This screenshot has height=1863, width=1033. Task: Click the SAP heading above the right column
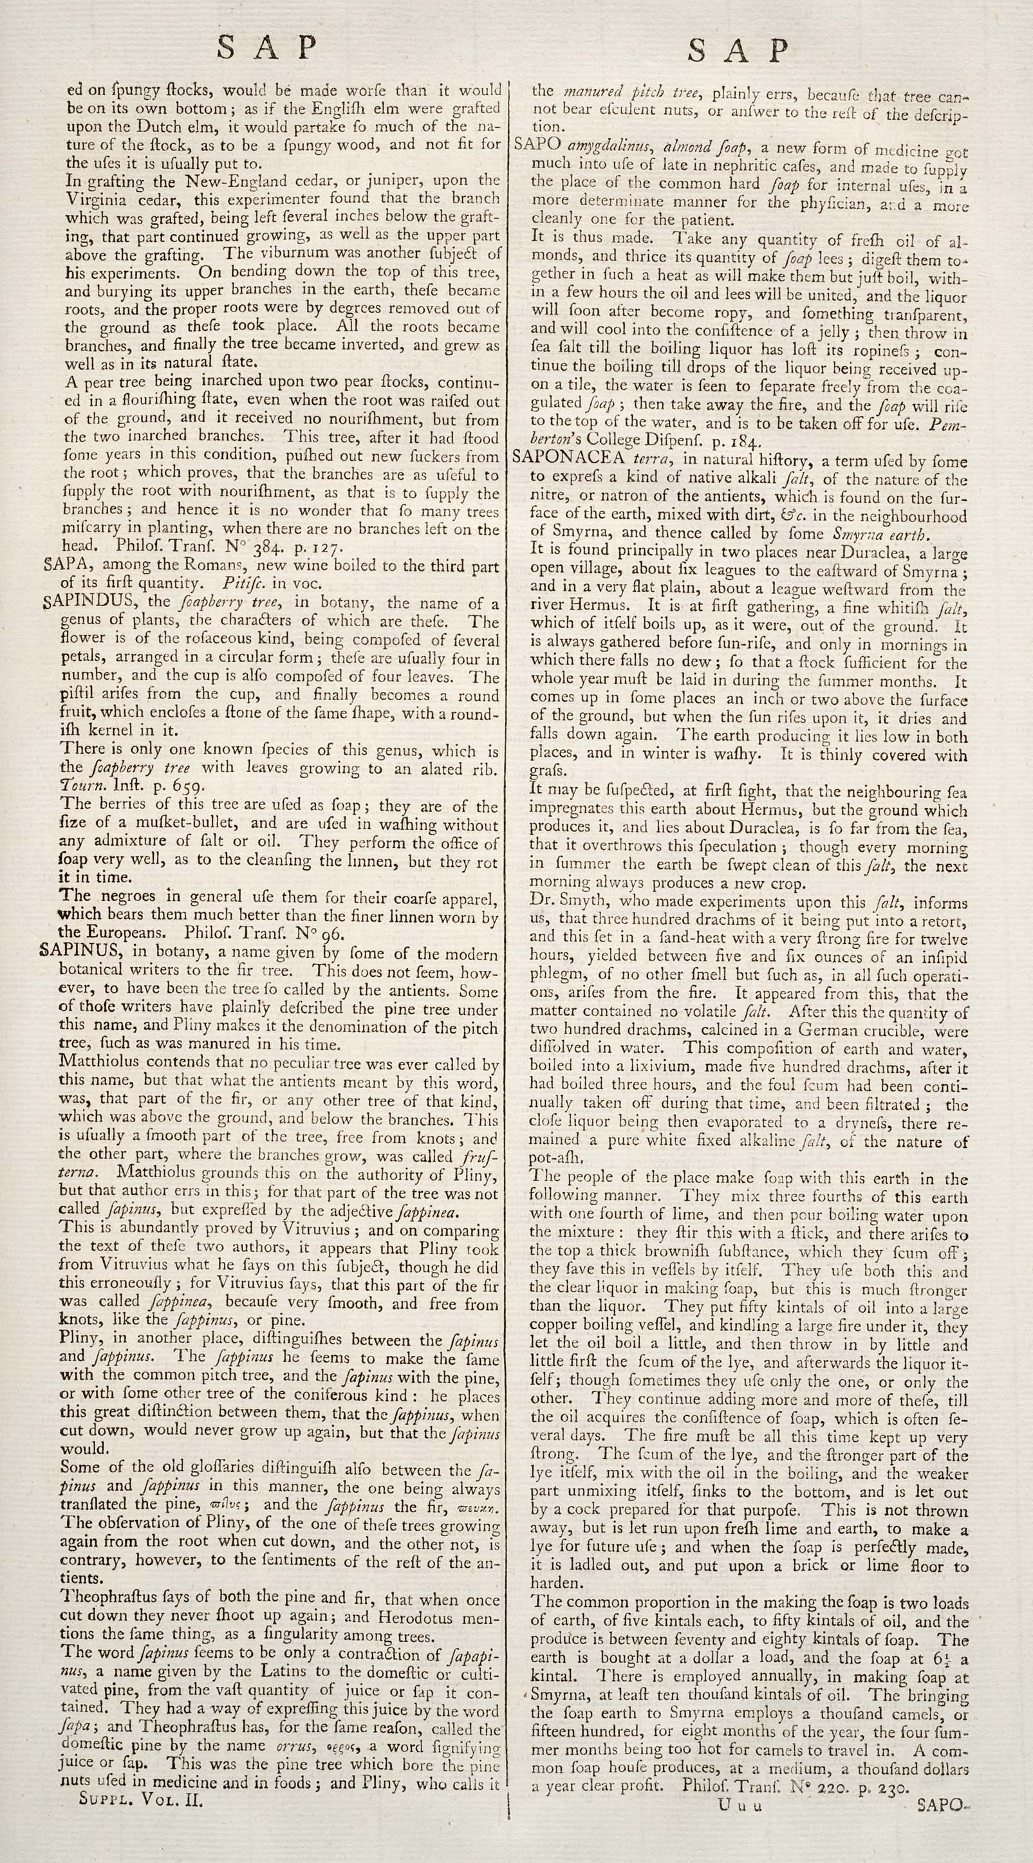pyautogui.click(x=738, y=51)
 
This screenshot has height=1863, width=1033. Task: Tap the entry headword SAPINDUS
pyautogui.click(x=84, y=602)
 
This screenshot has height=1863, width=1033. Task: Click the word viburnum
pyautogui.click(x=288, y=253)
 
